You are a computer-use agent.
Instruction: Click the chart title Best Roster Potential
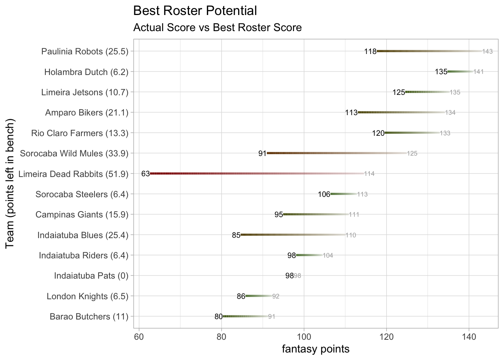point(195,11)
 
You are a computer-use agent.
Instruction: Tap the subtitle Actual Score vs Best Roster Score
point(217,28)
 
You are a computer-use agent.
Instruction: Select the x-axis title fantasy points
point(315,349)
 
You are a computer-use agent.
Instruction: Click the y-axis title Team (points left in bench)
point(10,183)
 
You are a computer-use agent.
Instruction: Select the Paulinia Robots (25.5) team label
point(85,51)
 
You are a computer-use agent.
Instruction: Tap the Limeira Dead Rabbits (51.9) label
point(73,174)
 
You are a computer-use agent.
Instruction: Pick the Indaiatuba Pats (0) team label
point(91,276)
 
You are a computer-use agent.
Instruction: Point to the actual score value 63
point(145,174)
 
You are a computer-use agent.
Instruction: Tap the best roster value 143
point(487,51)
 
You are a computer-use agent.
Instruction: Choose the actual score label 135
point(441,72)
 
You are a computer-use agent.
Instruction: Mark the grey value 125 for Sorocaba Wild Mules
point(412,153)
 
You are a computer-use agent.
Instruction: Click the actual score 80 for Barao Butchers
point(219,317)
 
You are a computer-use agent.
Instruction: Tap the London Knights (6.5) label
point(87,296)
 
